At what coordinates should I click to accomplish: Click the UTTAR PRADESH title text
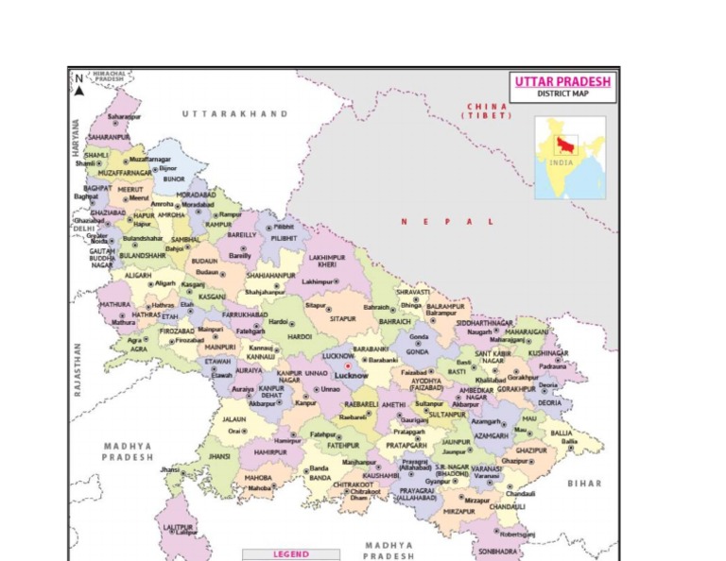click(562, 81)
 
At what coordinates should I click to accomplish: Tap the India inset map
click(570, 158)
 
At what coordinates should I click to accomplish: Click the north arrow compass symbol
click(79, 84)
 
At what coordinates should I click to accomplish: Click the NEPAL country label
click(447, 221)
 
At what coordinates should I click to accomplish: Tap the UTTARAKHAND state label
click(235, 113)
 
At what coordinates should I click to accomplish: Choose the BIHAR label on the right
click(583, 483)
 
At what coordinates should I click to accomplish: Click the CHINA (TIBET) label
click(487, 110)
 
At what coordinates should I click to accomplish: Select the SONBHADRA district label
click(499, 551)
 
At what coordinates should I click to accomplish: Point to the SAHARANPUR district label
click(109, 136)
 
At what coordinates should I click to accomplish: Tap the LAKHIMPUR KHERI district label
click(327, 260)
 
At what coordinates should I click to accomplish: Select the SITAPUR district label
click(343, 319)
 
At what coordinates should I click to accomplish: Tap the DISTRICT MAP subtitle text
click(562, 94)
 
